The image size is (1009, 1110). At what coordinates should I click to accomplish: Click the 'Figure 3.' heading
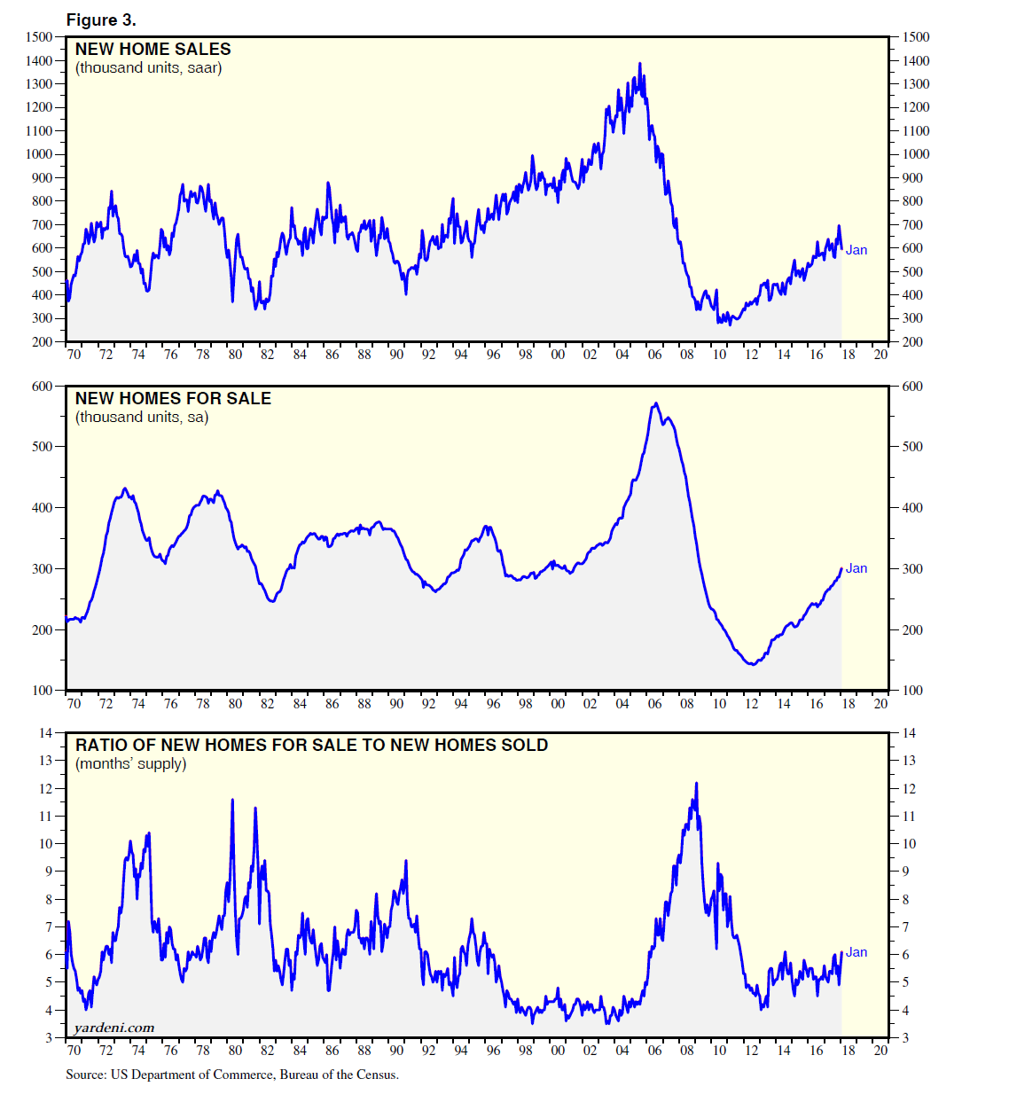[x=101, y=20]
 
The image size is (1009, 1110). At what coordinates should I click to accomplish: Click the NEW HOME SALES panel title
[x=153, y=50]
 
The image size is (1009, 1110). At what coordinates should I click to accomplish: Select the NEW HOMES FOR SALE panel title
[x=173, y=399]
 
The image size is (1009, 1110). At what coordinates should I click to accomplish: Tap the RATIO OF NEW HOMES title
[x=311, y=746]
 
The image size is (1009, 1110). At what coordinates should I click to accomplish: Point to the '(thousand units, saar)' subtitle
[x=148, y=68]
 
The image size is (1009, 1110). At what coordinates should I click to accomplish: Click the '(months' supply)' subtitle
[x=130, y=764]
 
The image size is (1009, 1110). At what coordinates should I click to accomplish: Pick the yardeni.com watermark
[x=114, y=1028]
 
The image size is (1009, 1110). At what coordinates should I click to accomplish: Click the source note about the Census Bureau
[x=232, y=1075]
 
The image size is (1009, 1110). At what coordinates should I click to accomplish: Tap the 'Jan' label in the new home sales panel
[x=856, y=250]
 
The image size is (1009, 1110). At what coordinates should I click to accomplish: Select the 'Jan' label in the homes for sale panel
[x=856, y=568]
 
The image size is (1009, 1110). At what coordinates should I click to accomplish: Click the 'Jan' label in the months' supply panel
[x=856, y=952]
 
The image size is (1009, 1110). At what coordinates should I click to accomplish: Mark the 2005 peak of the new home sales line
[x=640, y=64]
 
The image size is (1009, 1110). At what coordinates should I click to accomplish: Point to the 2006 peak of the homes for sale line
[x=655, y=403]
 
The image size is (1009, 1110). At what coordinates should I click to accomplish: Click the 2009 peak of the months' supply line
[x=696, y=784]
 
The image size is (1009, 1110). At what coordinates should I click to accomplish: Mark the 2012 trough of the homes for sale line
[x=753, y=664]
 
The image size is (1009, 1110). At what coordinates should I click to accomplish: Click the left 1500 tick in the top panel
[x=39, y=37]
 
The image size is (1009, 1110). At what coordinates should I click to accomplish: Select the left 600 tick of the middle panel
[x=43, y=387]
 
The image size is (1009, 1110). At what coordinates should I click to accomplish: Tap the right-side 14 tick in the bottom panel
[x=909, y=733]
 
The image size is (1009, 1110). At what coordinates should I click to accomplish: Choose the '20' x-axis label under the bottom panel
[x=880, y=1051]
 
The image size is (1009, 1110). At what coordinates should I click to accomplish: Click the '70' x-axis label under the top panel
[x=74, y=355]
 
